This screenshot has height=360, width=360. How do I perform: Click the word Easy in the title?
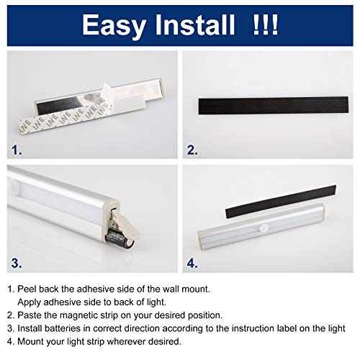[114, 26]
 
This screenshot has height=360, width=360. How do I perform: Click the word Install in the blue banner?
[195, 24]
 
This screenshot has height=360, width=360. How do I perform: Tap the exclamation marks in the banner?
[266, 24]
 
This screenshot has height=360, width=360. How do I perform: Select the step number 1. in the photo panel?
[17, 150]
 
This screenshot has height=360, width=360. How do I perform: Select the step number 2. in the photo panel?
[192, 150]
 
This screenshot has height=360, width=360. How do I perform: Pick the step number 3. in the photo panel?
[17, 263]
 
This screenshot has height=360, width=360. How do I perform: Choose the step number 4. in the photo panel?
[192, 263]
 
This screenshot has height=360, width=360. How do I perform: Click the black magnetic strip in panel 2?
[274, 105]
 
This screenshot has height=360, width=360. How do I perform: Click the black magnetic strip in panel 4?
[281, 202]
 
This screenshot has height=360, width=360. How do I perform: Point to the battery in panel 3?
[119, 238]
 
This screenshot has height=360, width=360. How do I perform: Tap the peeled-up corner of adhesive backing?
[107, 91]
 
